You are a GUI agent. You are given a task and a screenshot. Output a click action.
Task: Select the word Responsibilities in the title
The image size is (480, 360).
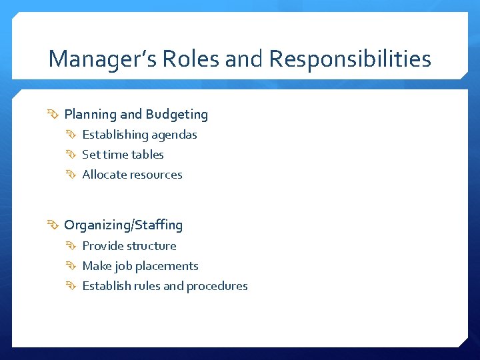(350, 59)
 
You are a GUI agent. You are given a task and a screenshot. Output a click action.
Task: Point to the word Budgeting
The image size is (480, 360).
(177, 115)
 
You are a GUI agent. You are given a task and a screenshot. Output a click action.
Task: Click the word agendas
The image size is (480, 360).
(175, 135)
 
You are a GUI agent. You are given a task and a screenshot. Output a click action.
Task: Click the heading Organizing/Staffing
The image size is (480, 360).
(123, 225)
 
